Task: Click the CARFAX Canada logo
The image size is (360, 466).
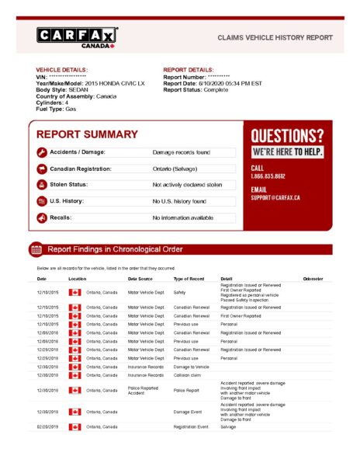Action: point(77,37)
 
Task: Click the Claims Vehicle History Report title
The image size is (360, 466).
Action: point(275,37)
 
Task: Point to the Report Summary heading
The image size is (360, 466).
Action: point(87,134)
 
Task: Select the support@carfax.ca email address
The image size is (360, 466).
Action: point(275,198)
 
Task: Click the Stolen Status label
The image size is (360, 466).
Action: point(69,185)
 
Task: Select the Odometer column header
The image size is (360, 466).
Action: point(313,278)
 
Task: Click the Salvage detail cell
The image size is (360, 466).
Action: point(228,427)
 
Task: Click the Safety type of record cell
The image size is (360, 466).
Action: point(179,292)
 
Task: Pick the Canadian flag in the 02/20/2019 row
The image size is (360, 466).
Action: point(75,427)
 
